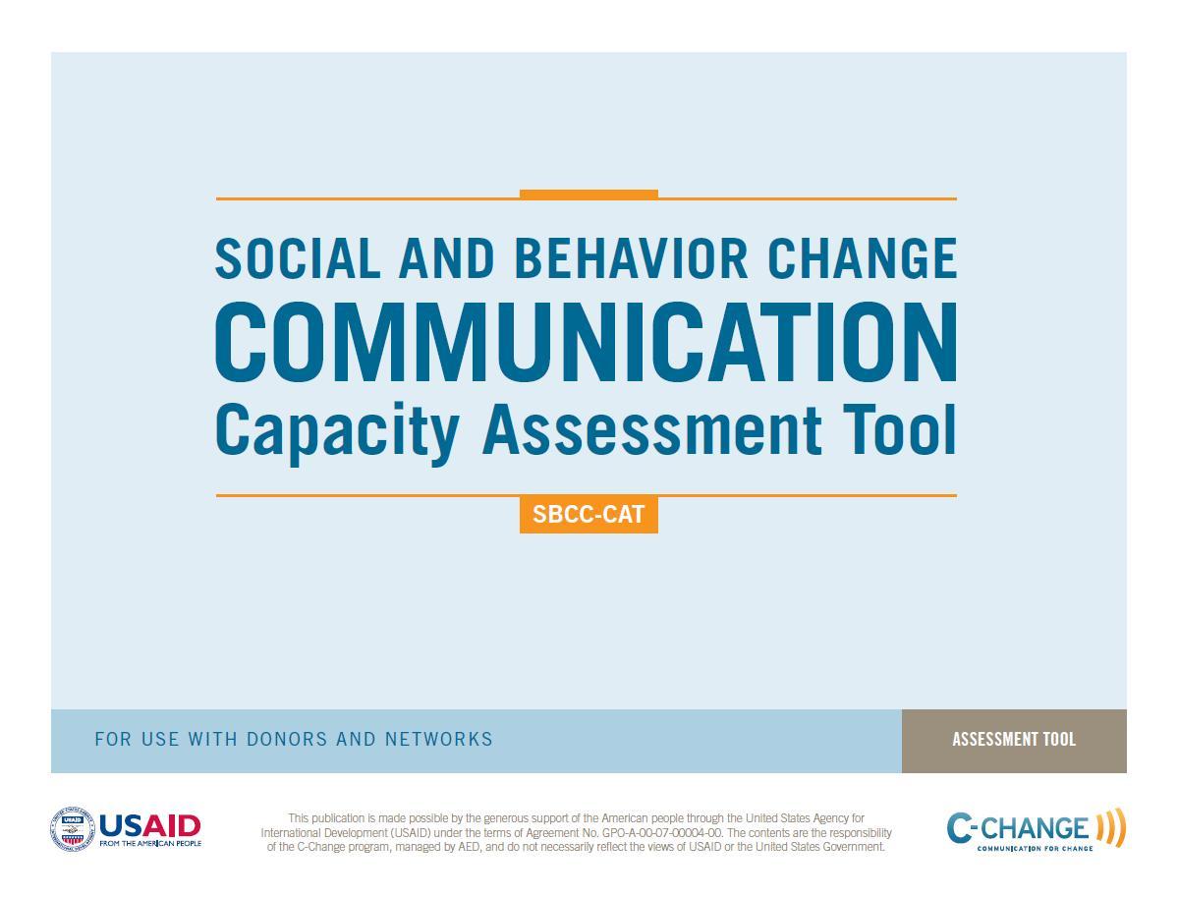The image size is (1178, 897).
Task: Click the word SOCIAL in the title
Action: tap(298, 258)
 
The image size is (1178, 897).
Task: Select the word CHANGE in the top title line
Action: tap(862, 258)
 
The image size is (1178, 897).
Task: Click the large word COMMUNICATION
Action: tap(586, 343)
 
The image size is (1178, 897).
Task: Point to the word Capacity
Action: tap(337, 431)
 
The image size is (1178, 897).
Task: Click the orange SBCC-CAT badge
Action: tap(589, 515)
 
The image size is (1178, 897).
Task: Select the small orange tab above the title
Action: tap(589, 195)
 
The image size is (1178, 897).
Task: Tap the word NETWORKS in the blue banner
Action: tap(439, 739)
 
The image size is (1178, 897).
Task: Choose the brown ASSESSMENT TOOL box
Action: tap(1014, 741)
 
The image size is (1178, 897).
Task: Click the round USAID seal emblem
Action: tap(73, 829)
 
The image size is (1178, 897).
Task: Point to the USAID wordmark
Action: tap(150, 826)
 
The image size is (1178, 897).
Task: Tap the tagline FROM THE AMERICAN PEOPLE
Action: tap(150, 844)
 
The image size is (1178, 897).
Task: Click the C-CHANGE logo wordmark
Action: tap(1017, 828)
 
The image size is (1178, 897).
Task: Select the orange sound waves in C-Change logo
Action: tap(1111, 828)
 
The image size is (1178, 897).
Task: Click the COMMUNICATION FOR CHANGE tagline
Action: tap(1035, 849)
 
